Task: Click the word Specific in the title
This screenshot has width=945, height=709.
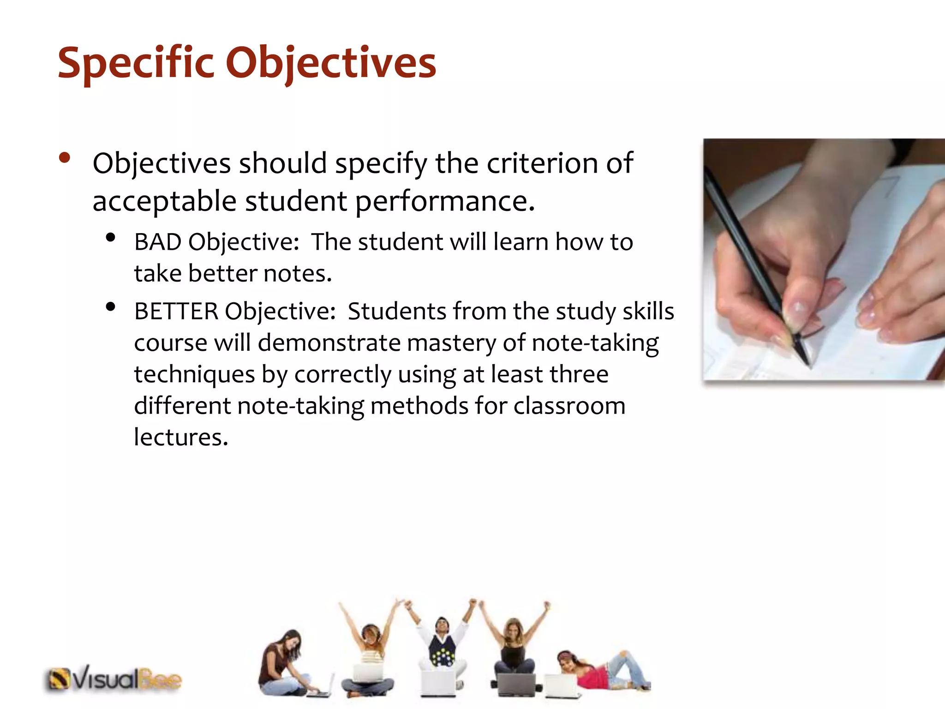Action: pos(136,63)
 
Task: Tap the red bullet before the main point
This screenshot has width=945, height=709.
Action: pos(65,158)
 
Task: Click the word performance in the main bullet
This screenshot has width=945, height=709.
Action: pos(445,201)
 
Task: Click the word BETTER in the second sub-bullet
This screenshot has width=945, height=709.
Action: pos(176,311)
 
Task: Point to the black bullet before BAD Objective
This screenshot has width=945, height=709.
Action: pos(110,238)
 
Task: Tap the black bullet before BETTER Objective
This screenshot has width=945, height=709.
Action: pos(110,306)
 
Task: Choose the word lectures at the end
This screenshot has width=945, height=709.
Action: pos(181,437)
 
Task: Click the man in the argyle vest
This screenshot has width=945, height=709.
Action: pos(442,646)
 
